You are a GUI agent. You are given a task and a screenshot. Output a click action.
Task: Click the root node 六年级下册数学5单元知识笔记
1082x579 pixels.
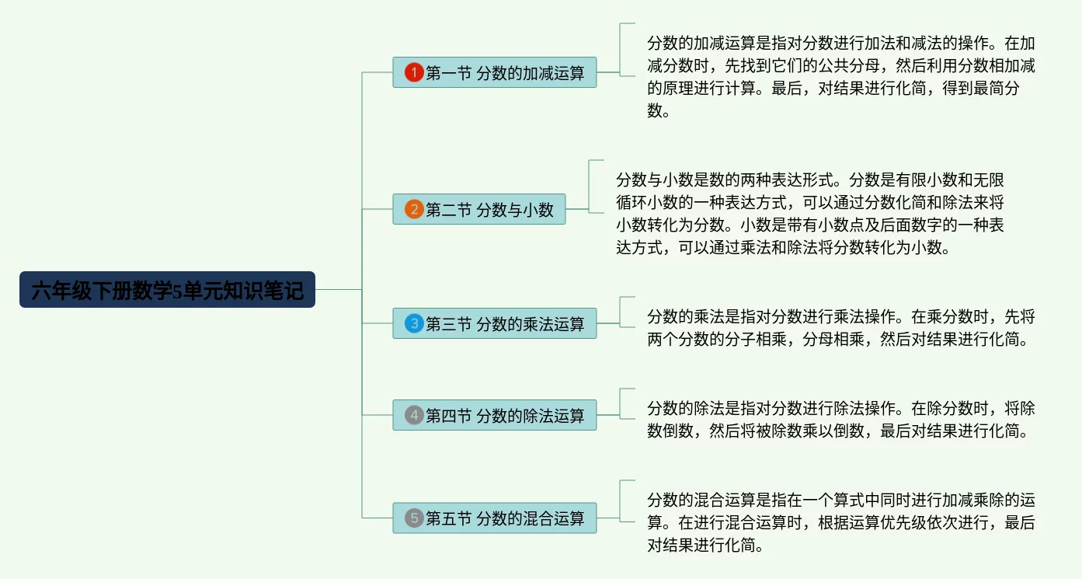coord(167,290)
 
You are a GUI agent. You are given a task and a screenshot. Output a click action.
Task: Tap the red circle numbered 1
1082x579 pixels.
coord(414,73)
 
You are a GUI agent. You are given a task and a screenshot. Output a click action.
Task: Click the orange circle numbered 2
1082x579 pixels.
coord(414,209)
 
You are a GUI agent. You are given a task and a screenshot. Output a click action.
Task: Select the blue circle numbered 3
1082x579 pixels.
coord(414,323)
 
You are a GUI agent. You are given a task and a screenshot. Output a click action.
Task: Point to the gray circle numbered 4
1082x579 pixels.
coord(414,415)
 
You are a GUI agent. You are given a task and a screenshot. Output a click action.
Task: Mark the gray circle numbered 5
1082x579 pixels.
coord(414,518)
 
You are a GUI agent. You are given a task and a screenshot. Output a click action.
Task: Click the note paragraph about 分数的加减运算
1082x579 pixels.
coord(840,76)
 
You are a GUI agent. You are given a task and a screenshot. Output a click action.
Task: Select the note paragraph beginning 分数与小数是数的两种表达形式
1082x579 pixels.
coord(809,214)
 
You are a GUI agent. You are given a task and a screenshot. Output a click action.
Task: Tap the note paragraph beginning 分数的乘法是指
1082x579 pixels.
coord(840,328)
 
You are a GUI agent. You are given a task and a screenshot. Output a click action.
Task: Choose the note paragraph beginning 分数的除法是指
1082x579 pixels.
coord(840,419)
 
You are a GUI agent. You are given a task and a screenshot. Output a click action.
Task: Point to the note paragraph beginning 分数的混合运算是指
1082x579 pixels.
coord(840,522)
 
